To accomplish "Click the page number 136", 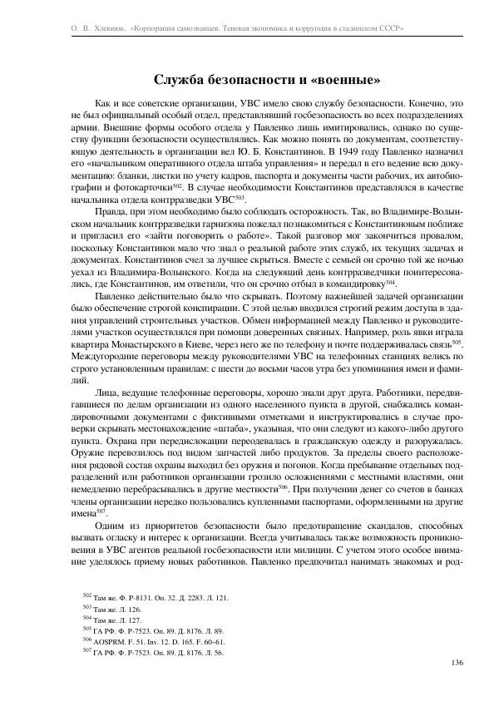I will [456, 662].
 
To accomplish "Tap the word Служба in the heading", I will [180, 81].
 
